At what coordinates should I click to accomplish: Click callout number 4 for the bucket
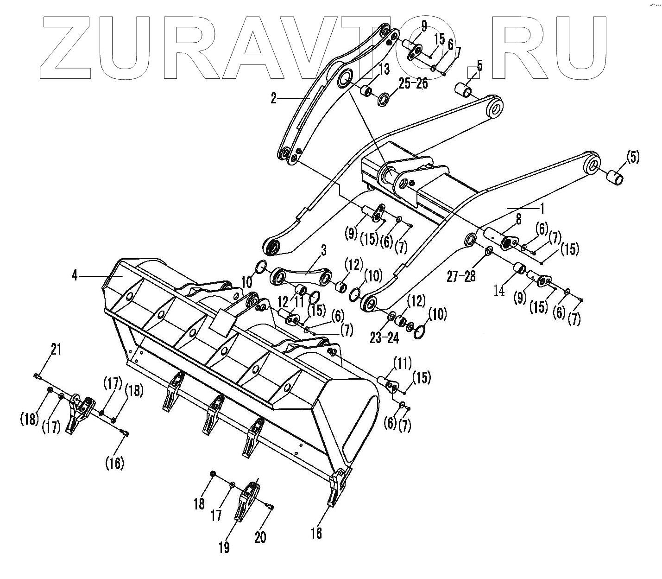click(x=74, y=276)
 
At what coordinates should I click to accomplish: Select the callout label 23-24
click(x=385, y=338)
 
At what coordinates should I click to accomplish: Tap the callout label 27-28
click(x=461, y=276)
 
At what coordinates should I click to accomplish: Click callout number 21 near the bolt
click(x=56, y=350)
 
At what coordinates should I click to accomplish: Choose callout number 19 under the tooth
click(x=224, y=547)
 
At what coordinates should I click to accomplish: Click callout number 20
click(x=260, y=536)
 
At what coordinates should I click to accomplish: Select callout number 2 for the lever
click(x=274, y=98)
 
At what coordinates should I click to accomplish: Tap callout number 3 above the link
click(x=323, y=251)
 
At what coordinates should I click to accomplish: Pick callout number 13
click(x=384, y=70)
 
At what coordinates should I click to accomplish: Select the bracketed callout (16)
click(x=114, y=462)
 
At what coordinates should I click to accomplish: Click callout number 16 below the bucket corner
click(x=316, y=533)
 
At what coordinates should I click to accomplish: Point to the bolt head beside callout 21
click(x=37, y=375)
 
